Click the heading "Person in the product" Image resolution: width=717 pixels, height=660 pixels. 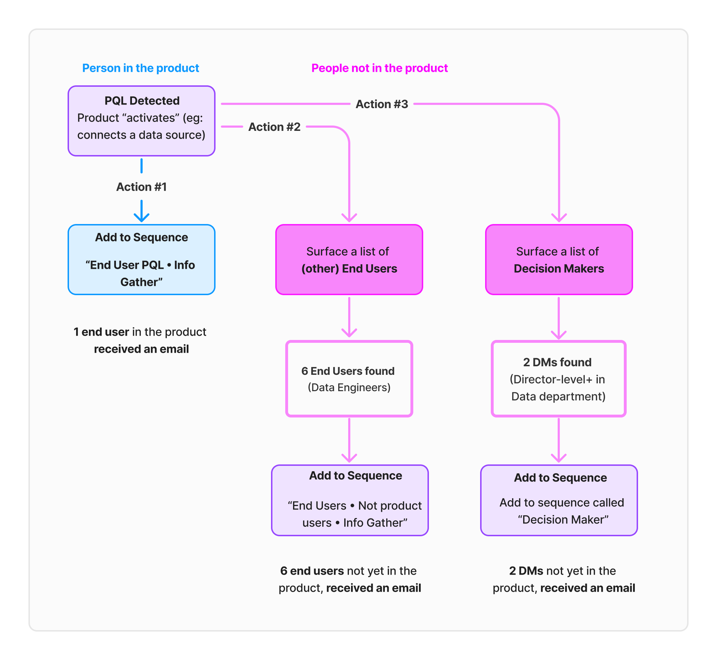(140, 68)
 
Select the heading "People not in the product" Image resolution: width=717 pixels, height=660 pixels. (379, 68)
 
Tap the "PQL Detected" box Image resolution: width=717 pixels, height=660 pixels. (142, 121)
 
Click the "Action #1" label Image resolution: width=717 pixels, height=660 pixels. (142, 187)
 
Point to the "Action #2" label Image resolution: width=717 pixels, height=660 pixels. (274, 127)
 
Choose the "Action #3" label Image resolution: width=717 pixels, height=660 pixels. (382, 104)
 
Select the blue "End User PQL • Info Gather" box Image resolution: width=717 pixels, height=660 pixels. (142, 260)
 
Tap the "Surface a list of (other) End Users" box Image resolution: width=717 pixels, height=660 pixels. (349, 260)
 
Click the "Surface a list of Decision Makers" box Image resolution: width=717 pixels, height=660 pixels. (559, 260)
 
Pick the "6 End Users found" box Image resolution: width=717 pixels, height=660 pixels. (349, 379)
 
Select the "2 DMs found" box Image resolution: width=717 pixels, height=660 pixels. (558, 379)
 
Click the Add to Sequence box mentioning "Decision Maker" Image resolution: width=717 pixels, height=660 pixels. (559, 500)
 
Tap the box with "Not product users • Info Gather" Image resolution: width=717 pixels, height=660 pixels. (349, 500)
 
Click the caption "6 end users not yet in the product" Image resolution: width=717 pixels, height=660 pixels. (349, 579)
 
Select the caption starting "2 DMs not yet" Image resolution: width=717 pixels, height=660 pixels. (563, 579)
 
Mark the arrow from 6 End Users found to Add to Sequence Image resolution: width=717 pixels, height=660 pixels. (349, 440)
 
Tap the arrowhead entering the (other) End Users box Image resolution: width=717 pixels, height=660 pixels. (349, 217)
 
